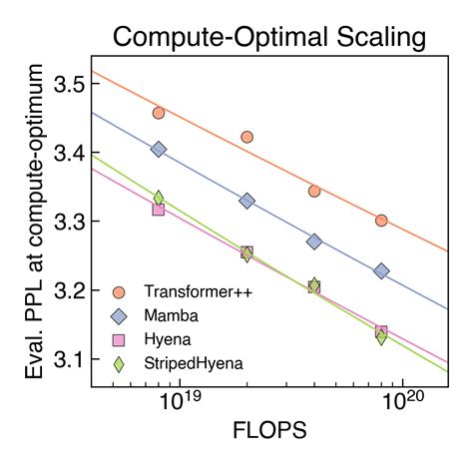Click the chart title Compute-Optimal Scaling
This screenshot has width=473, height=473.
click(268, 39)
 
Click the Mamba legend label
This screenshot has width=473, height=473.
click(172, 315)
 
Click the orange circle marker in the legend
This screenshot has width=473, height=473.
click(119, 291)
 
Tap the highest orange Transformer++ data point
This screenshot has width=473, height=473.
click(159, 113)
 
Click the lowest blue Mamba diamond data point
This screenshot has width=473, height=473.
click(381, 271)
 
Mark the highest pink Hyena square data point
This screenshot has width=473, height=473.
click(159, 210)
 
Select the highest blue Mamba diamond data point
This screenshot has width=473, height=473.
click(159, 149)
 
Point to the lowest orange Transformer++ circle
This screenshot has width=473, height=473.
click(381, 220)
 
